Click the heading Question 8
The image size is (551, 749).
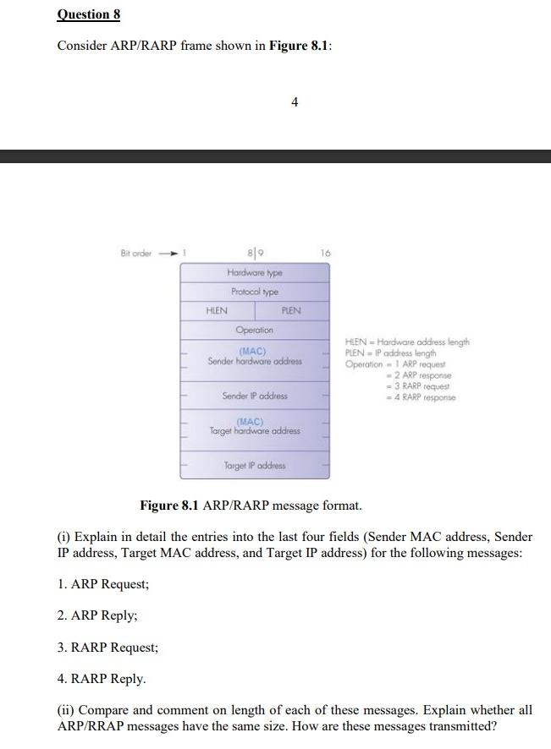click(x=83, y=14)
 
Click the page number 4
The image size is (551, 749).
click(x=294, y=102)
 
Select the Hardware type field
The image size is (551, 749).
click(x=255, y=273)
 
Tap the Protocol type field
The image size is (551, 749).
click(x=255, y=292)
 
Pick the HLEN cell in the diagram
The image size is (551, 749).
click(x=217, y=311)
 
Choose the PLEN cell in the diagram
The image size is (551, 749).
click(x=291, y=311)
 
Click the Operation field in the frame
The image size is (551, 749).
click(x=255, y=330)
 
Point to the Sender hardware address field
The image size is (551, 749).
click(x=255, y=357)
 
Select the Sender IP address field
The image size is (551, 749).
click(x=255, y=396)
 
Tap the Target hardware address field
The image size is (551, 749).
click(x=255, y=426)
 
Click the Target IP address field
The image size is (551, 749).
click(x=255, y=466)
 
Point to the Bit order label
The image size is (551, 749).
click(x=135, y=253)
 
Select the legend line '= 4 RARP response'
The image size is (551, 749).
click(x=420, y=396)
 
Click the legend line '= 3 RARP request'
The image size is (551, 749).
click(x=418, y=385)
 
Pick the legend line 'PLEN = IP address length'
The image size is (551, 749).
click(x=390, y=353)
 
